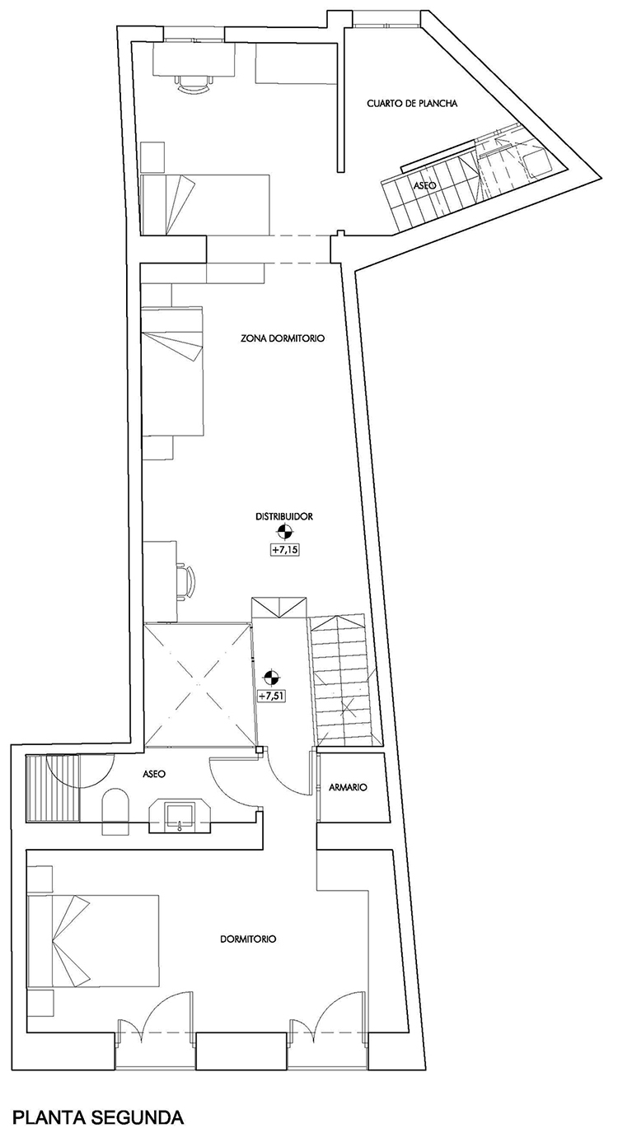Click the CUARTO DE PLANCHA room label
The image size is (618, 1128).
pos(412,104)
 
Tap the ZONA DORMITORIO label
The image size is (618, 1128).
pos(283,338)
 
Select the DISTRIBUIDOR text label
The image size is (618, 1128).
pos(284,516)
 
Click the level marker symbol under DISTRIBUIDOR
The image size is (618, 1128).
pos(285,532)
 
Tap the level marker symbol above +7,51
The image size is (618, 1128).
pos(272,678)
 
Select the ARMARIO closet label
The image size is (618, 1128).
pos(348,787)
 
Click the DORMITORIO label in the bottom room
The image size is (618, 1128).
pos(248,939)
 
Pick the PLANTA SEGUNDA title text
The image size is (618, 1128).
pos(98,1113)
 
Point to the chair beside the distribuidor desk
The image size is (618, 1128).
pos(185,580)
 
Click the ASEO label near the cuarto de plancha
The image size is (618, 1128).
pos(424,185)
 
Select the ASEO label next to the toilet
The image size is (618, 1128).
pos(154,774)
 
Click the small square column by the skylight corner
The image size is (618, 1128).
pos(259,750)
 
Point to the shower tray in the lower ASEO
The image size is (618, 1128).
pos(53,789)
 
